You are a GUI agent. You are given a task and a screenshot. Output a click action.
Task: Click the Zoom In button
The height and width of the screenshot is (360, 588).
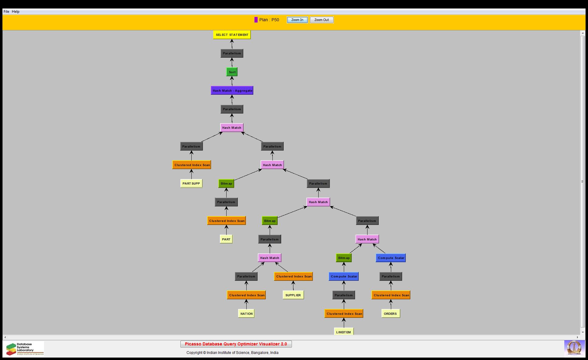[297, 20]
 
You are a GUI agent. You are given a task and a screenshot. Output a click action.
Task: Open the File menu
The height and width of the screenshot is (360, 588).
[6, 12]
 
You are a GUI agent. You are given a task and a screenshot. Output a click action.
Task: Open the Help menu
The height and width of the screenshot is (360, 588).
[16, 12]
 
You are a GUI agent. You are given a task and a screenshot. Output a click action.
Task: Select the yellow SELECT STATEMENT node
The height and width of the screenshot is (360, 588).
[232, 35]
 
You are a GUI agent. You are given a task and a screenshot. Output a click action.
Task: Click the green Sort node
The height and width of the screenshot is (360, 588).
[232, 72]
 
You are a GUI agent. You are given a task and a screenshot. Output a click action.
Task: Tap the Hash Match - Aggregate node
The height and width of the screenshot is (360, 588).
[232, 90]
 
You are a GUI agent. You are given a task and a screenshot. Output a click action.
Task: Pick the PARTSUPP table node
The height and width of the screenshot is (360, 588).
[191, 184]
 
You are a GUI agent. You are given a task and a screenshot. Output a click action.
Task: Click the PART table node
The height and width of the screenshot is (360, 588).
[226, 239]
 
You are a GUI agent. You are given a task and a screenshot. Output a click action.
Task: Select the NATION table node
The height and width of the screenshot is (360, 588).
[246, 314]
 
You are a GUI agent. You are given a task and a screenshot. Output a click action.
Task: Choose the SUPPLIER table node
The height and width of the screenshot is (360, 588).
[293, 295]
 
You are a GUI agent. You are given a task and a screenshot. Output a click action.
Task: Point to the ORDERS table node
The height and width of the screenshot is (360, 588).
[391, 314]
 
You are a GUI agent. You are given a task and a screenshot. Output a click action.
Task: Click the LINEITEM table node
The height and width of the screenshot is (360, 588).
[344, 332]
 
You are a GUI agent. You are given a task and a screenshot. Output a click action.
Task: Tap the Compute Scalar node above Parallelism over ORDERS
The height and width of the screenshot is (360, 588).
[391, 258]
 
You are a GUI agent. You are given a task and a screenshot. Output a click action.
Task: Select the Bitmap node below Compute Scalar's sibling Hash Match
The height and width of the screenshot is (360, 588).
[344, 258]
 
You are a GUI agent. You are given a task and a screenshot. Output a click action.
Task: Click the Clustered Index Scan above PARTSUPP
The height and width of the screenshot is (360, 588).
[192, 165]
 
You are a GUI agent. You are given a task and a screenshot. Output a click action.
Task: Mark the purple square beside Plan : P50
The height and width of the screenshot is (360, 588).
[256, 20]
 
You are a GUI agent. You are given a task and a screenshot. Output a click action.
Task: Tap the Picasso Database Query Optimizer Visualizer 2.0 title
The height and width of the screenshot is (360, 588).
[236, 344]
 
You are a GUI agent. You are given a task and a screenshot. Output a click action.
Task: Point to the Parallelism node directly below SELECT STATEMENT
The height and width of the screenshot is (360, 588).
[232, 53]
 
